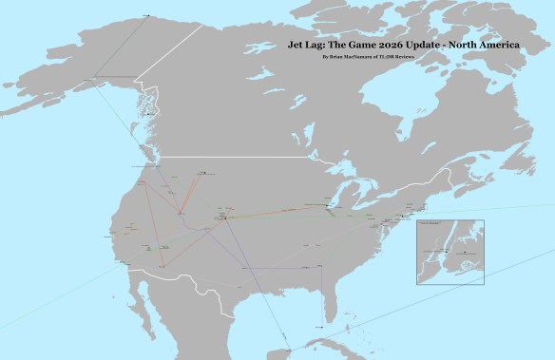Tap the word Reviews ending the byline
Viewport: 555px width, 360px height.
click(405, 58)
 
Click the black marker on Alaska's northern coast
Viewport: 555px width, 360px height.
click(146, 15)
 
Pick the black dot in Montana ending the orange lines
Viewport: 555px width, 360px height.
click(201, 173)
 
